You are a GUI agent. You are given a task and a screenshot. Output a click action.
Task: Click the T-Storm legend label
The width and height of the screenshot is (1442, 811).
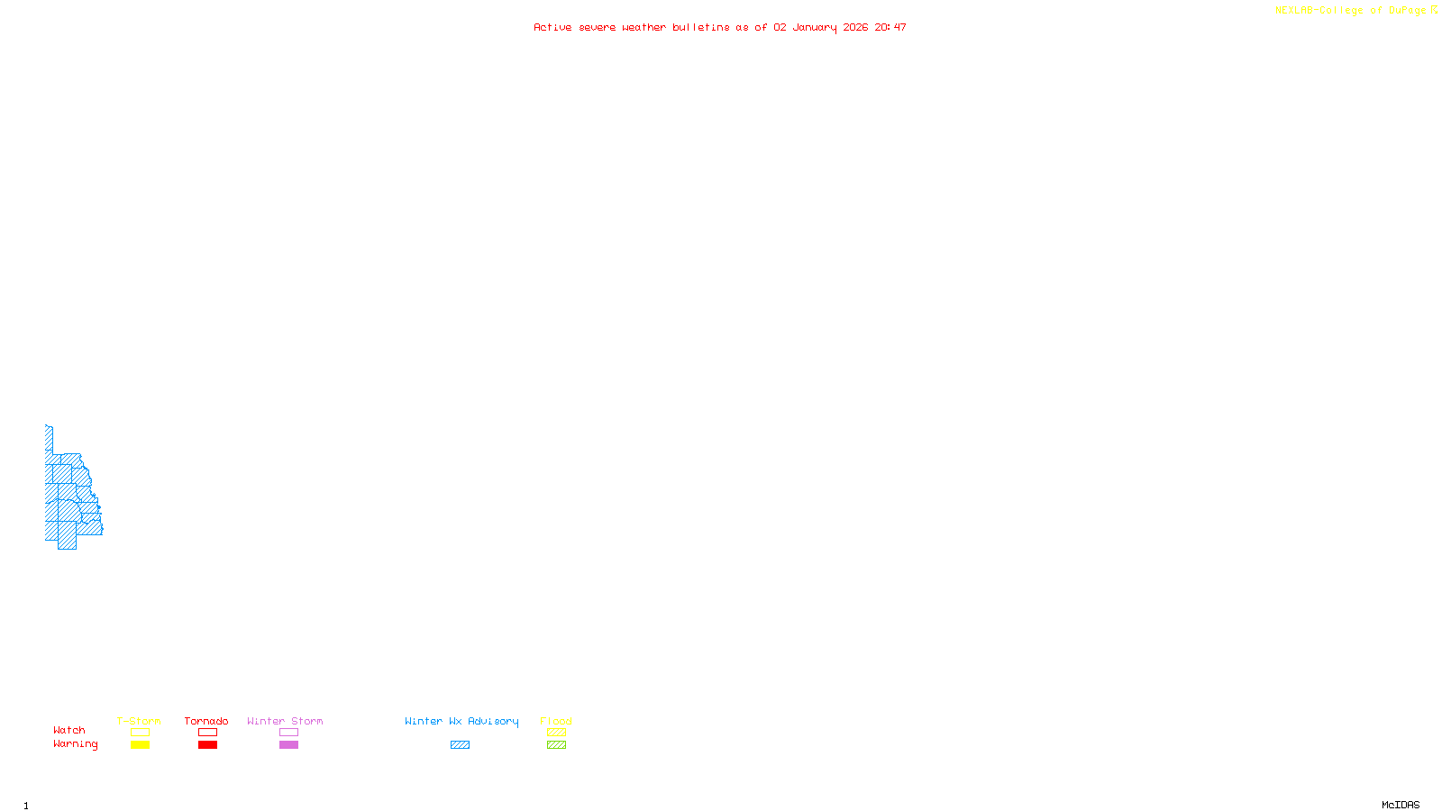[x=139, y=721]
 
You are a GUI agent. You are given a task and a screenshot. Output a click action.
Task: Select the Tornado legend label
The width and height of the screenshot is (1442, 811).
[x=206, y=721]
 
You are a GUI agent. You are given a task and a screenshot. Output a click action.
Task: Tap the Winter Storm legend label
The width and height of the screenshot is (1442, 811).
[x=285, y=721]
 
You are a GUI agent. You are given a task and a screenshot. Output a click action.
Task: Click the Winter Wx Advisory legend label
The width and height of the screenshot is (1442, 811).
[x=461, y=721]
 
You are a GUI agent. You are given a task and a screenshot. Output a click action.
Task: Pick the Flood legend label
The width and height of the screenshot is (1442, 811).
[x=556, y=721]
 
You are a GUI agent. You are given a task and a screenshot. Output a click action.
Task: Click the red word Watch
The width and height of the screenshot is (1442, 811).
[x=69, y=730]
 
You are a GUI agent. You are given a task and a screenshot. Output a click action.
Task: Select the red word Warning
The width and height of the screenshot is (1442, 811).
[x=76, y=744]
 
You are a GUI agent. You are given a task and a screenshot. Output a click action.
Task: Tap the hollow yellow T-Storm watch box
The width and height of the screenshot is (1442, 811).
[x=140, y=733]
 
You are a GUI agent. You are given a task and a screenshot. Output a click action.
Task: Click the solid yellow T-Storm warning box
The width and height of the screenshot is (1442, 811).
[x=140, y=745]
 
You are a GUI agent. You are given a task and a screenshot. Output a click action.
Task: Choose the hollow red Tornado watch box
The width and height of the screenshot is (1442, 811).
[x=207, y=733]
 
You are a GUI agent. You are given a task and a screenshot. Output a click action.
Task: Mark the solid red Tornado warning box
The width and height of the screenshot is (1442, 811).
[x=207, y=745]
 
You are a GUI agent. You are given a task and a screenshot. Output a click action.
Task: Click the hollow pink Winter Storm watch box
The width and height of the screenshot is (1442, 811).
[x=288, y=733]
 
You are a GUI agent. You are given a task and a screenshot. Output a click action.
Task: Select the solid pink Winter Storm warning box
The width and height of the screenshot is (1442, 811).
[x=288, y=745]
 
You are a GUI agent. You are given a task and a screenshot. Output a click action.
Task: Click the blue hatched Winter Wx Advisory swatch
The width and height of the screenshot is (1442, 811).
[x=460, y=745]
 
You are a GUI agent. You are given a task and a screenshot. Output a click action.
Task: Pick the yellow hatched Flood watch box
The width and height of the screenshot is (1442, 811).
[x=556, y=733]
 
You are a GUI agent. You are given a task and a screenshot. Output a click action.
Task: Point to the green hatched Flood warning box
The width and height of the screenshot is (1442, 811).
[x=556, y=745]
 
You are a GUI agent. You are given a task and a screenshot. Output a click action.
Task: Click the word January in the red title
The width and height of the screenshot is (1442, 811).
[x=815, y=27]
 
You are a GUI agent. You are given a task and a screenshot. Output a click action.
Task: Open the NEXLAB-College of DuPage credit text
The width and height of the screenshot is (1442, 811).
[x=1351, y=11]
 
